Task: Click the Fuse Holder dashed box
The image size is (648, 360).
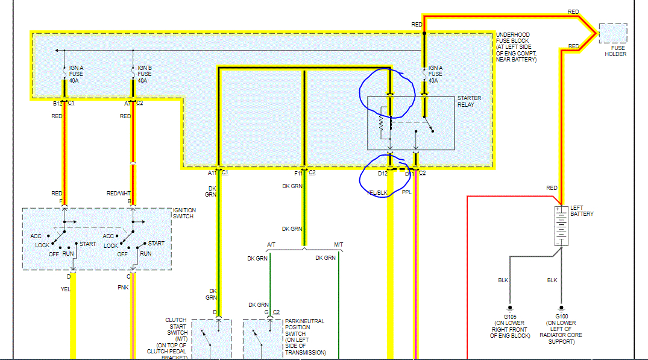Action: (613, 33)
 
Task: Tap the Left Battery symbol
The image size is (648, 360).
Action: (561, 226)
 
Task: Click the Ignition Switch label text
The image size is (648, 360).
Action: (183, 212)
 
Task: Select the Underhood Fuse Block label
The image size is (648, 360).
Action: (516, 46)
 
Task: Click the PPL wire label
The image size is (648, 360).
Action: (407, 192)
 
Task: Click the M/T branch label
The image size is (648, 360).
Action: (339, 244)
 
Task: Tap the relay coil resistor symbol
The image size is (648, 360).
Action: (380, 122)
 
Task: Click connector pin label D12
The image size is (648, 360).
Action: (382, 174)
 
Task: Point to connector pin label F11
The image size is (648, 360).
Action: (298, 173)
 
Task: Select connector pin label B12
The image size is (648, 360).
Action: (58, 104)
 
